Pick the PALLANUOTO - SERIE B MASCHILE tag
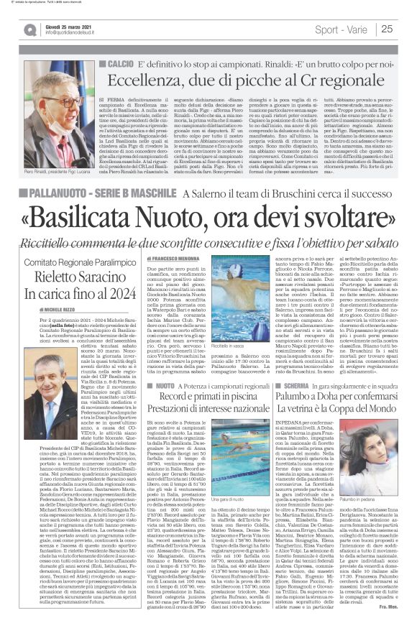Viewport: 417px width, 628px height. point(105,193)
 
